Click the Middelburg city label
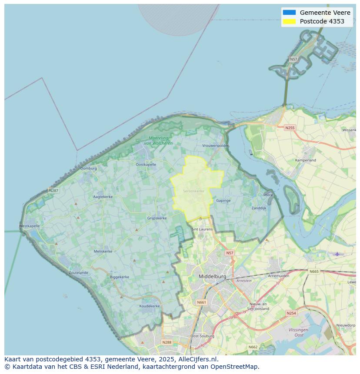tap(212, 276)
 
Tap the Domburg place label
tap(89, 168)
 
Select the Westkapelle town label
tap(30, 226)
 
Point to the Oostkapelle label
tap(146, 165)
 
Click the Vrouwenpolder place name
tap(215, 146)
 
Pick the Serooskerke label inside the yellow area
tap(193, 191)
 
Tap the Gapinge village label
tap(223, 200)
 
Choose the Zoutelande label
tap(78, 273)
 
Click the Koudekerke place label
tap(149, 306)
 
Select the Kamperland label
tap(306, 160)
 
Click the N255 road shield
tap(290, 128)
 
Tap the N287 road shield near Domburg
tap(53, 190)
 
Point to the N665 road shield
tap(313, 271)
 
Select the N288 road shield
tap(167, 342)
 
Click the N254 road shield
tap(291, 313)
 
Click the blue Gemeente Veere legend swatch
tap(289, 13)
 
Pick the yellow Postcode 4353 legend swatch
tap(289, 21)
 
